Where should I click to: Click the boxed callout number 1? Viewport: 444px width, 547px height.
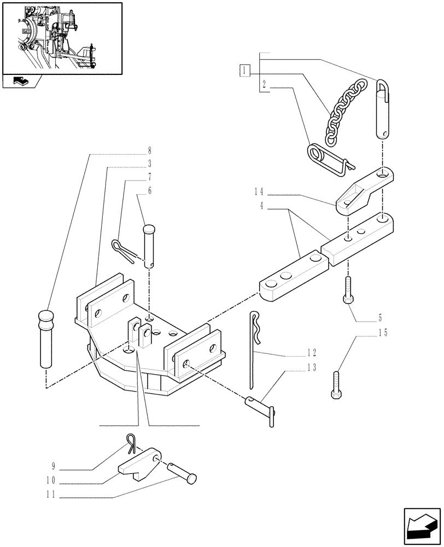pos(244,70)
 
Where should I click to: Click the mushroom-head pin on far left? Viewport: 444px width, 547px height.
pos(46,339)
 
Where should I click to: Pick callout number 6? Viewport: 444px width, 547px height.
pos(149,191)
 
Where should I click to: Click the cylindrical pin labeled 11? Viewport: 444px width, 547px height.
pos(182,471)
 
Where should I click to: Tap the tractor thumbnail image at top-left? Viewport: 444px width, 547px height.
pos(61,37)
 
